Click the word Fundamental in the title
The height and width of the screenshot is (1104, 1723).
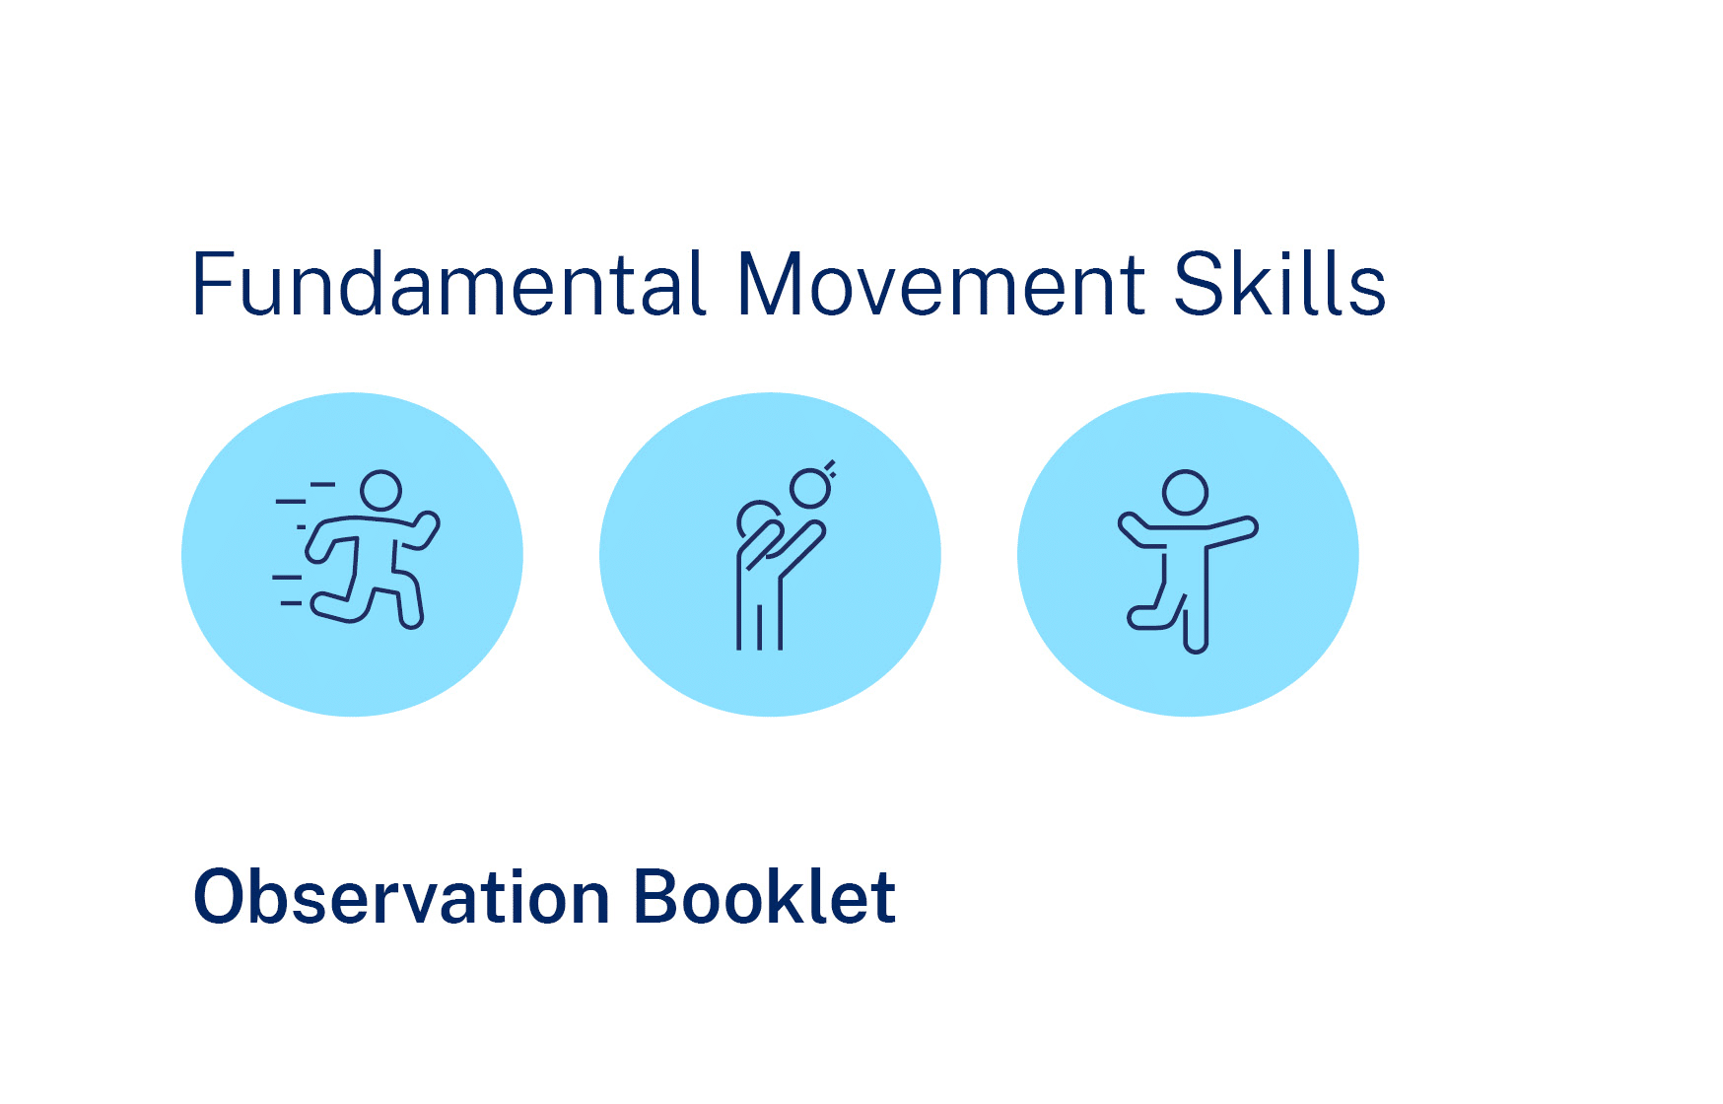pos(449,283)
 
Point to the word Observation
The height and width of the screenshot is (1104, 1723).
pos(401,897)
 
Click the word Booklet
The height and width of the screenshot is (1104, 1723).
pos(764,897)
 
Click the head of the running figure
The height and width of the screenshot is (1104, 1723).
pos(380,490)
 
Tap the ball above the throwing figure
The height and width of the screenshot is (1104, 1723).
pos(810,488)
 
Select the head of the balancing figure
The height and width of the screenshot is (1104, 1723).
pos(1185,492)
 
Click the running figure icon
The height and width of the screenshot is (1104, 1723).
pos(355,549)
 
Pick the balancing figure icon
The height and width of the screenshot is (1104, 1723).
pos(1188,561)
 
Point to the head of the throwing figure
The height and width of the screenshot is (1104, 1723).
pos(757,518)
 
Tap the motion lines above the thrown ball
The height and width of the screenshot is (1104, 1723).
pos(830,468)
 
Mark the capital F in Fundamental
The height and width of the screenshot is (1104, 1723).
pos(212,284)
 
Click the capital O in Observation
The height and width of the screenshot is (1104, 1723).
pos(221,897)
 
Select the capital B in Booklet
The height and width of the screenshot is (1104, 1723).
pos(657,897)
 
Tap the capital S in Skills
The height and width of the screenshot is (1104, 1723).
pos(1197,284)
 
